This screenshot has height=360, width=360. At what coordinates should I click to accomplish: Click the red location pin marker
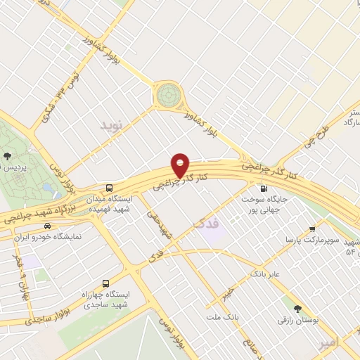(181, 165)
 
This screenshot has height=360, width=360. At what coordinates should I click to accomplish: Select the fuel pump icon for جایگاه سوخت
(264, 188)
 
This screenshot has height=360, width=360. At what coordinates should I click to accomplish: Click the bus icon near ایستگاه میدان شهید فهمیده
(109, 188)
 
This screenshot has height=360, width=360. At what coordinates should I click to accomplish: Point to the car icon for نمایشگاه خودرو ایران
(47, 226)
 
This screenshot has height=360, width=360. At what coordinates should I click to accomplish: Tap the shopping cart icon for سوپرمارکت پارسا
(312, 229)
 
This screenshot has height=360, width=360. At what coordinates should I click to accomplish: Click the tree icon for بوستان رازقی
(298, 308)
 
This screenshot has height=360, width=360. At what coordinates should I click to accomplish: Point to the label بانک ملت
(223, 318)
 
